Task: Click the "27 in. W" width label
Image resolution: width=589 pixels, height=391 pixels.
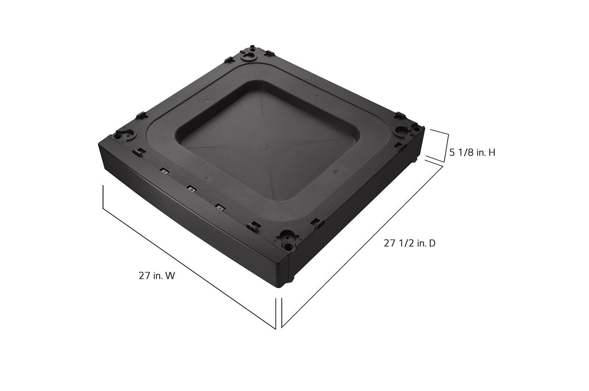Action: tap(157, 276)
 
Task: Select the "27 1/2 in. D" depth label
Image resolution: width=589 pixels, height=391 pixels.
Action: tap(409, 243)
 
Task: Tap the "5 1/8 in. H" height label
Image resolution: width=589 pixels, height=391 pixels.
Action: tap(472, 152)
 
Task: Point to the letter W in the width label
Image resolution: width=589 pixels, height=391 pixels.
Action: tap(170, 276)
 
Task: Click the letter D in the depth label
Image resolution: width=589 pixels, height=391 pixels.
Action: tap(432, 243)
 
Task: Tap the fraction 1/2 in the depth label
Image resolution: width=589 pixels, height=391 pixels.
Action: tap(405, 243)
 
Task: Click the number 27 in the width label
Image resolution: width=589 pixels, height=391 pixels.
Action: tap(143, 276)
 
